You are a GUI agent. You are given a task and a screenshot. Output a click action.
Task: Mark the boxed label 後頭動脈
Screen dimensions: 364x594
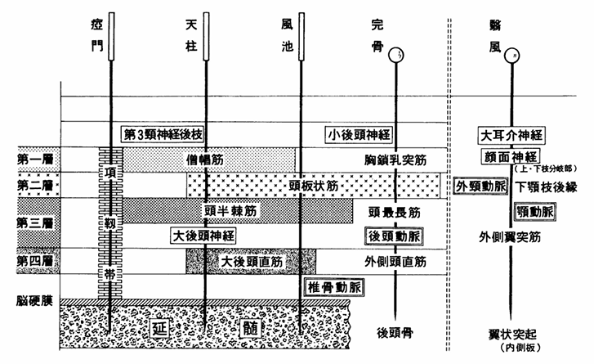click(x=397, y=236)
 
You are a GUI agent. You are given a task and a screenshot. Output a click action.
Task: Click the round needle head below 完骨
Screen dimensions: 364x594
click(x=396, y=56)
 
